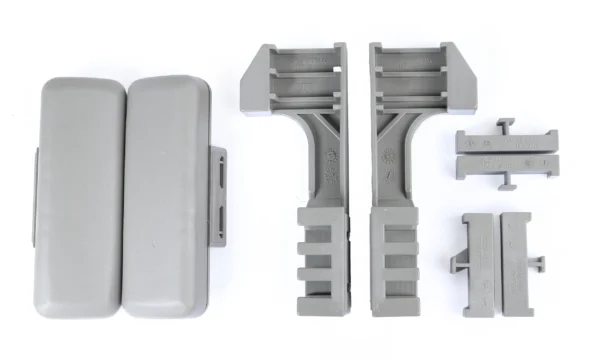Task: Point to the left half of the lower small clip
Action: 482,250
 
